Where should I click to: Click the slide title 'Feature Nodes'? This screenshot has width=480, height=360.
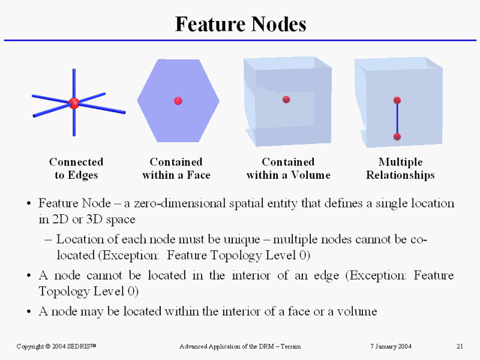click(x=240, y=24)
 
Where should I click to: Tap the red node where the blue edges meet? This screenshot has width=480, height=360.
click(x=74, y=103)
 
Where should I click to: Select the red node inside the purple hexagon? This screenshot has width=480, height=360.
click(x=178, y=101)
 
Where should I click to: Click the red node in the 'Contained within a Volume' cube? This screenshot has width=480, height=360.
click(x=286, y=100)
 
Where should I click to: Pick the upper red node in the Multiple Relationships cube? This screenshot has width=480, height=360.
click(x=397, y=100)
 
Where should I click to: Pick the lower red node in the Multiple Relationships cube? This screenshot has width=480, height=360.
click(x=397, y=137)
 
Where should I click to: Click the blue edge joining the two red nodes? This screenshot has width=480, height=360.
click(x=397, y=119)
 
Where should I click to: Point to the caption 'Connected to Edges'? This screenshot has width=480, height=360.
click(x=76, y=169)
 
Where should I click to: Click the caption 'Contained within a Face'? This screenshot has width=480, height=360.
click(x=176, y=169)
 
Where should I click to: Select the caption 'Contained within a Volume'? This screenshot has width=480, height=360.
click(x=288, y=169)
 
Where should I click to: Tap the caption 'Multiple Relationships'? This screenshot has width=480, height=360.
click(x=400, y=169)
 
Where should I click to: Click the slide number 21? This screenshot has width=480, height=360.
click(x=460, y=346)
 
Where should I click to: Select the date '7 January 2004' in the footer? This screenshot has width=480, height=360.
click(x=390, y=346)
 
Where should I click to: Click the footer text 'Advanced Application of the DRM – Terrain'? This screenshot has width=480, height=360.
click(x=240, y=346)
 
